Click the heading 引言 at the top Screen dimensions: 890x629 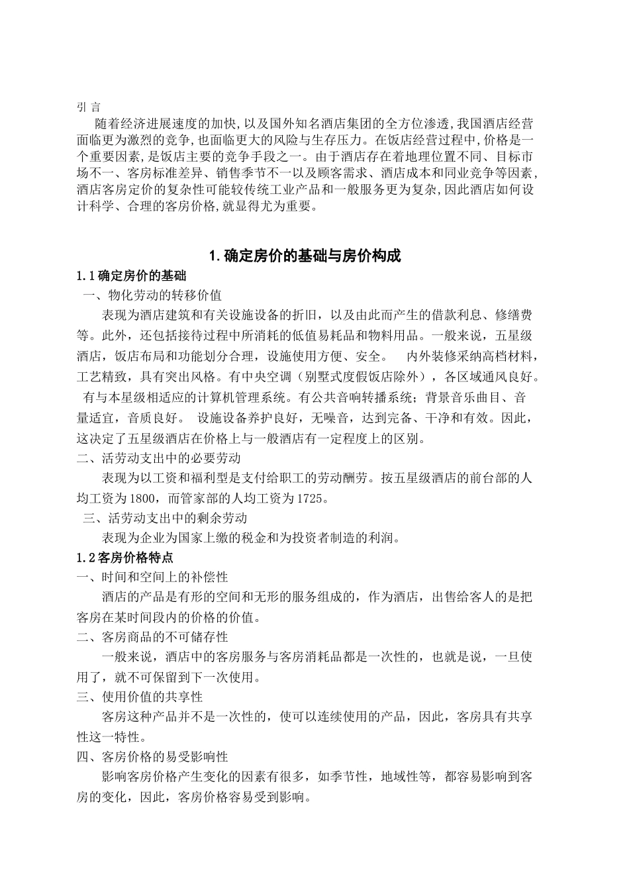tap(89, 107)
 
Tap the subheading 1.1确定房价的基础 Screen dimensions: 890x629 tap(132, 275)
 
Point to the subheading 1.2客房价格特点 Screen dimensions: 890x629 tap(126, 558)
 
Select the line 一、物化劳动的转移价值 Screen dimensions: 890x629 tap(152, 295)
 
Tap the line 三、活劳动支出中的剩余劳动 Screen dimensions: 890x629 tap(164, 518)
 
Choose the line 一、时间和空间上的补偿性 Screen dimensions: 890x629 tap(152, 577)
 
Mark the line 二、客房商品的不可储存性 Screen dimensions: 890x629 tap(152, 637)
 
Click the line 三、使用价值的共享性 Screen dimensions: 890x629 tap(140, 697)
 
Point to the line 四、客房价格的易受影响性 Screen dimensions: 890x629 tap(152, 756)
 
